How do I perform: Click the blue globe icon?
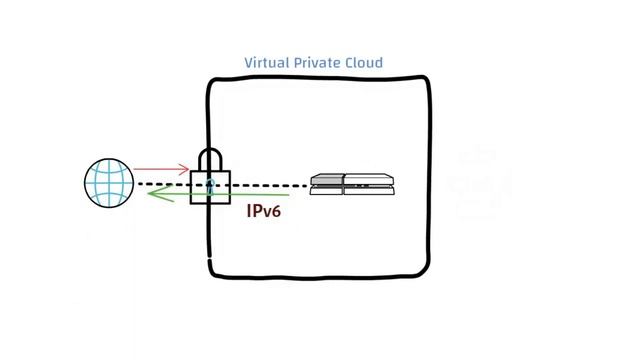click(x=109, y=184)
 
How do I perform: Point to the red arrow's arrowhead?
click(x=186, y=170)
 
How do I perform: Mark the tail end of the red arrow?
click(x=136, y=170)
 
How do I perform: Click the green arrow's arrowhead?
click(x=150, y=196)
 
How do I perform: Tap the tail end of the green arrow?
click(x=290, y=197)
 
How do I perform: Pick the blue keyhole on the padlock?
click(x=210, y=185)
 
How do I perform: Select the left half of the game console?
click(x=326, y=184)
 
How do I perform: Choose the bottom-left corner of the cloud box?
click(x=212, y=273)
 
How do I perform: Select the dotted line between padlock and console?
click(x=270, y=185)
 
